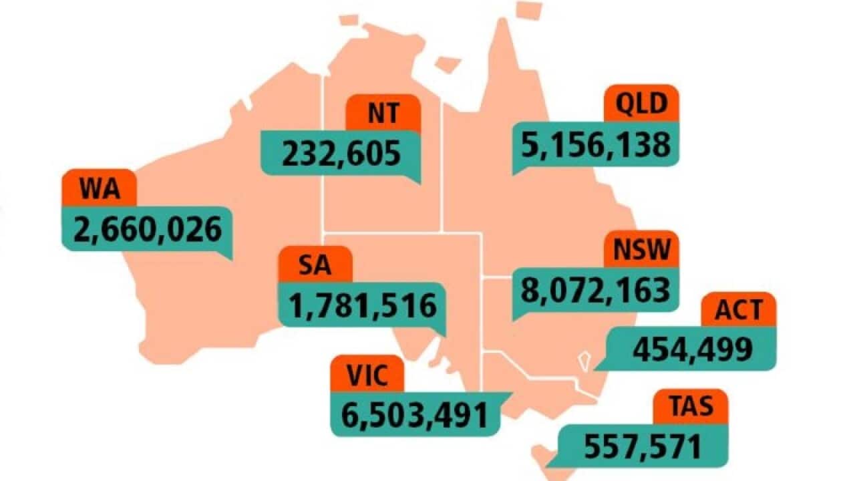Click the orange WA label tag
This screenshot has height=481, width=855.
pos(99,188)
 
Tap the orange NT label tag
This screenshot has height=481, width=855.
pos(383,113)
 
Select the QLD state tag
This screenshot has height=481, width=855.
pos(641,104)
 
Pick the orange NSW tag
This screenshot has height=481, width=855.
pos(641,249)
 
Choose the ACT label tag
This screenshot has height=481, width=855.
pos(738,309)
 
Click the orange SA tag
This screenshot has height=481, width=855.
pos(315,265)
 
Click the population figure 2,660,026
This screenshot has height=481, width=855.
pos(148,229)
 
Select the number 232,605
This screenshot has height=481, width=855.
pos(341,153)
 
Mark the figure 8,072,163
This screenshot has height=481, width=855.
pos(595,289)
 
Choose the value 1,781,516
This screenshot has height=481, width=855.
pos(362,305)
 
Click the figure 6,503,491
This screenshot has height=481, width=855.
pos(415,414)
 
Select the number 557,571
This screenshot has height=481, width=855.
pos(643,446)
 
